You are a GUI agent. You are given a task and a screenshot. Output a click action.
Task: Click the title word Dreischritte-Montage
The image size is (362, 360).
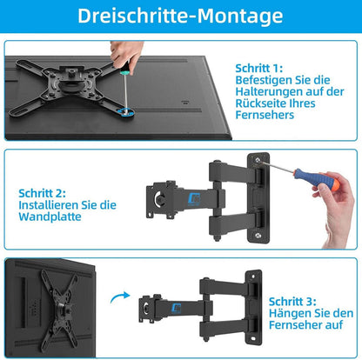tap(181, 16)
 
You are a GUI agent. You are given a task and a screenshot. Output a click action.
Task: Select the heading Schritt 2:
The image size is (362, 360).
tap(42, 194)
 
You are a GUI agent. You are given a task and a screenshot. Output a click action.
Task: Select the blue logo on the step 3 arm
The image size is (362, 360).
tap(186, 303)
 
